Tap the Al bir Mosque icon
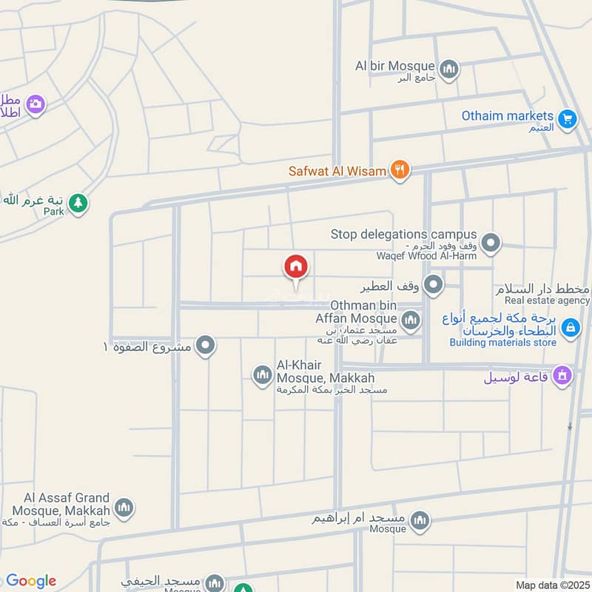(x=448, y=70)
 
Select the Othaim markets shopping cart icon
(x=568, y=118)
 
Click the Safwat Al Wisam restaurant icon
(x=400, y=170)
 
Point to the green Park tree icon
(x=77, y=202)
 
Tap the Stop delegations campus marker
(x=490, y=242)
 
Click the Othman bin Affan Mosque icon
(x=411, y=320)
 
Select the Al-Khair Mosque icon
(x=262, y=375)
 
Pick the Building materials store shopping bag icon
(x=570, y=326)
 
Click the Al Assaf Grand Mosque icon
(x=124, y=508)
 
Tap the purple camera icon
(x=35, y=105)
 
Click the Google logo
(x=31, y=581)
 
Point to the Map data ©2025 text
(x=551, y=585)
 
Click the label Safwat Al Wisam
(x=337, y=171)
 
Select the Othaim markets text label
(x=508, y=116)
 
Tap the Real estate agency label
(x=548, y=300)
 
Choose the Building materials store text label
(x=503, y=343)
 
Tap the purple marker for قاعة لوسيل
(x=562, y=376)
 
